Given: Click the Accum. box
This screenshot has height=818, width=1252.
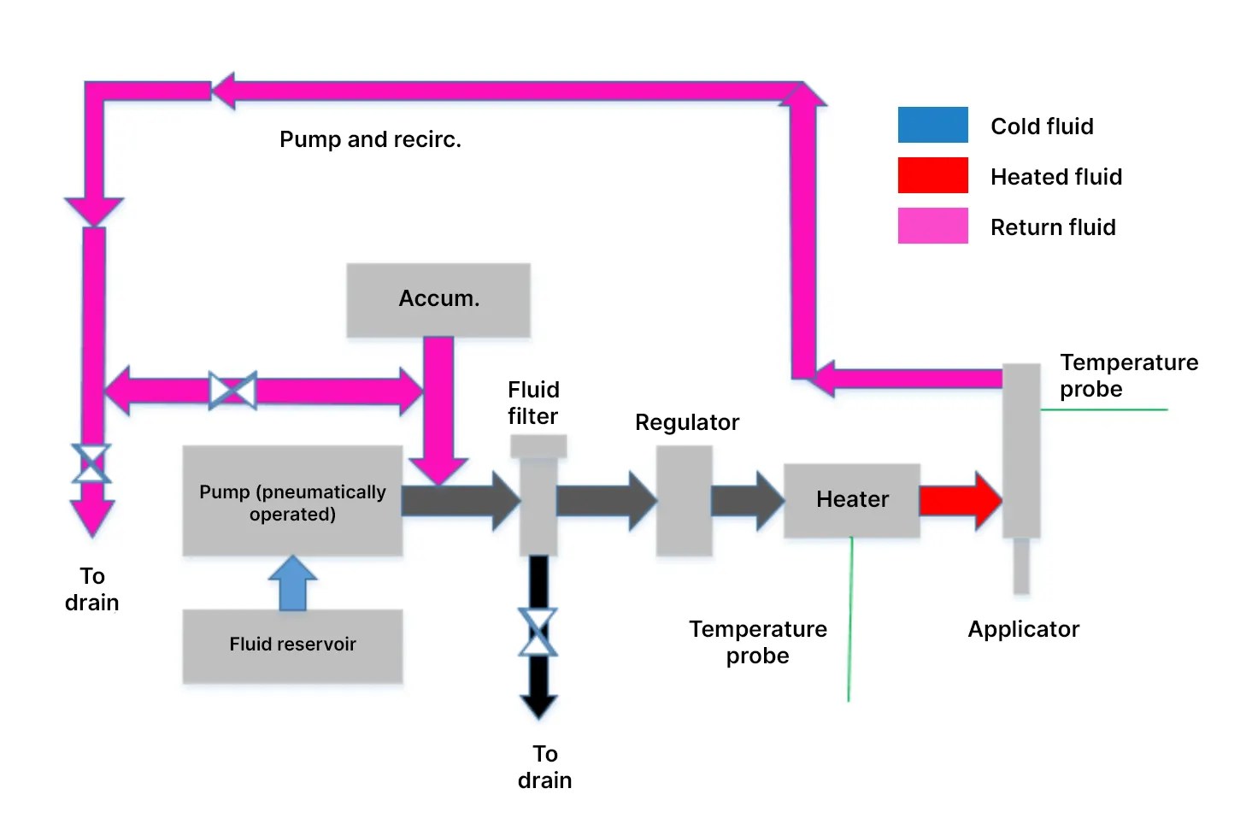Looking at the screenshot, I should point(438,299).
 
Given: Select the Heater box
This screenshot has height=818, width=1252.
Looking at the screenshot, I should point(851,500).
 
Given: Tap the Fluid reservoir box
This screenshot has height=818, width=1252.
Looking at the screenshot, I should point(292,645).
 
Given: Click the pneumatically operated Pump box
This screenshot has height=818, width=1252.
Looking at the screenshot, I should point(292,502).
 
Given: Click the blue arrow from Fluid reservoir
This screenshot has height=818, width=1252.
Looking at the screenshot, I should point(292,584).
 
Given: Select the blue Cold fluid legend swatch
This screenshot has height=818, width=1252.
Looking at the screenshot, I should point(932,125).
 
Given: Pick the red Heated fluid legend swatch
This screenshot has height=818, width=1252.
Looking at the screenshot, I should point(932,175).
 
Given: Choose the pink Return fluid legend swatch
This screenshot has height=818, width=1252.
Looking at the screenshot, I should point(932,226).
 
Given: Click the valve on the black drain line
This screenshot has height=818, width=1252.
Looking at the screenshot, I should point(538,633).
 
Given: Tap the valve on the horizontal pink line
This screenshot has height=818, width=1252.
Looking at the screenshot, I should point(232,391).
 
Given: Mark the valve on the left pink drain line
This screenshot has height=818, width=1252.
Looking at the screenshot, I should point(91,464).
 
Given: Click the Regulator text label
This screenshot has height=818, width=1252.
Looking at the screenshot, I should point(686,422).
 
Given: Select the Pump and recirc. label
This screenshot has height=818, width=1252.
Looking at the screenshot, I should point(370,139).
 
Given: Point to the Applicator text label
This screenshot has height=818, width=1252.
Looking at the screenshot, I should point(1023,629).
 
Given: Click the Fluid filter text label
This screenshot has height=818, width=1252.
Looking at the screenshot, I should point(533,403).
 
